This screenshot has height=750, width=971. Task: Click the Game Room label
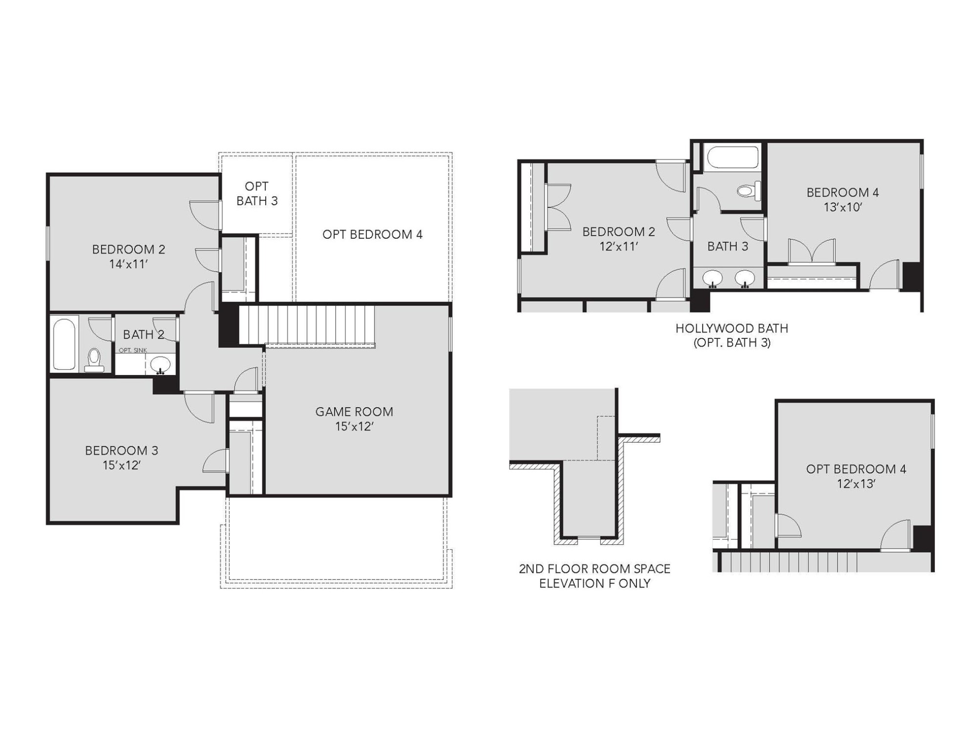(354, 412)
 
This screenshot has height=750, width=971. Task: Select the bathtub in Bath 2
(64, 344)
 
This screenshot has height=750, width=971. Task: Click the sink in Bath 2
(160, 364)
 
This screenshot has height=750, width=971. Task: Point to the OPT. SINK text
(133, 350)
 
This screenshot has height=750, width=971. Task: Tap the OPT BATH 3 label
(257, 193)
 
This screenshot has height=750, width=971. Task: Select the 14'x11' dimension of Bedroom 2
(128, 264)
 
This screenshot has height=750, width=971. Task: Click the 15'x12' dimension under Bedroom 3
(122, 465)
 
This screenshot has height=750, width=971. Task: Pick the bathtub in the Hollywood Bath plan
(733, 157)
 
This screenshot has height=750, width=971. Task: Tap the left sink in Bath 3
(713, 278)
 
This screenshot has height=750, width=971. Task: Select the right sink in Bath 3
(745, 278)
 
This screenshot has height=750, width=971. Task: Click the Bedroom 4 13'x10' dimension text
(843, 208)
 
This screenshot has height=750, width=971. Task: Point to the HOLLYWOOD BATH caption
(732, 329)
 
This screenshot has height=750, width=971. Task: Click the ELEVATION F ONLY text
(594, 583)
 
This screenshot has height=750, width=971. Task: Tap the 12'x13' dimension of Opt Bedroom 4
(856, 484)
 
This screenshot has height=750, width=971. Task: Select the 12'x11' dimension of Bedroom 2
(619, 247)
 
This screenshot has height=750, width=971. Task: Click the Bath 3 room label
(728, 247)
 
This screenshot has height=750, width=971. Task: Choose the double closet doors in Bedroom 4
(812, 251)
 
